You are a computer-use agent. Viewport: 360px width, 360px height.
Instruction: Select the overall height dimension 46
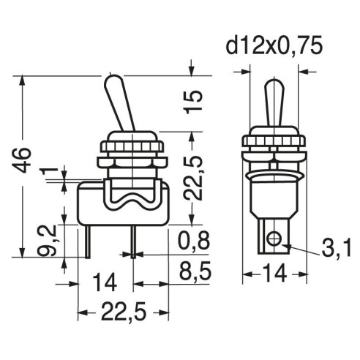[x=22, y=160]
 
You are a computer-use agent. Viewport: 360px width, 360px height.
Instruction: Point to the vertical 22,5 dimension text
[x=194, y=178]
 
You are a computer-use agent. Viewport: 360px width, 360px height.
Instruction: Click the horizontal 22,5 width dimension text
[x=124, y=312]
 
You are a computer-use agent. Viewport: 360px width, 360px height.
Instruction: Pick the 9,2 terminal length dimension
[x=48, y=241]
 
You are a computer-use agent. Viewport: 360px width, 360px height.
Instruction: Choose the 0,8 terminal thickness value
[x=194, y=241]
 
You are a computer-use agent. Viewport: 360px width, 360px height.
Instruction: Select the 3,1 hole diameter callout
[x=337, y=248]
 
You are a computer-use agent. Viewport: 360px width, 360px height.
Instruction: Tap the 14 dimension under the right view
[x=274, y=274]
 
